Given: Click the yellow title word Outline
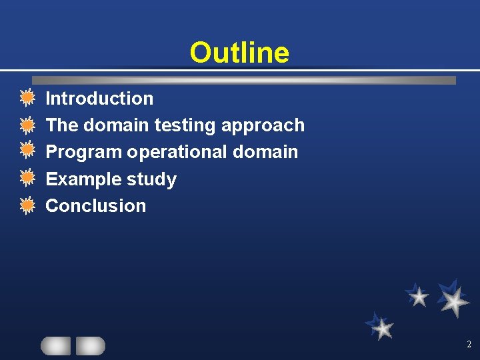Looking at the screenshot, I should click(x=239, y=53).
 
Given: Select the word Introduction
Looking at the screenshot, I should click(x=99, y=99).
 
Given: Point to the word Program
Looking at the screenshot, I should click(x=83, y=152).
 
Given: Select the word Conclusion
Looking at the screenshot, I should click(x=95, y=206).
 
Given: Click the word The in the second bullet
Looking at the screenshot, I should click(x=61, y=125).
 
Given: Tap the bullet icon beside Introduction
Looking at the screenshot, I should click(x=27, y=99).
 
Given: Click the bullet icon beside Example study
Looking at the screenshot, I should click(x=27, y=179).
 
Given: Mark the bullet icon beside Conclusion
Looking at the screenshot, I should click(x=27, y=205).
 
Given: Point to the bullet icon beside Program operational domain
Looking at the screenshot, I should click(x=27, y=152).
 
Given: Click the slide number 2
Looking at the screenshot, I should click(x=469, y=345).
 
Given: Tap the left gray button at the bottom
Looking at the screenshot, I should click(x=55, y=345).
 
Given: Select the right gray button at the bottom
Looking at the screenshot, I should click(x=91, y=345).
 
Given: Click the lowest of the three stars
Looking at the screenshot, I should click(x=382, y=327).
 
